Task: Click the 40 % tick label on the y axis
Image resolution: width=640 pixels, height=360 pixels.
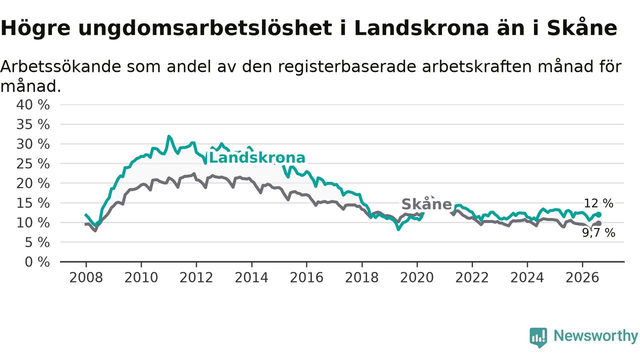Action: (x=33, y=105)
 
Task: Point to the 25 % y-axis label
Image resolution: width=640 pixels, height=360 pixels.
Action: (x=33, y=164)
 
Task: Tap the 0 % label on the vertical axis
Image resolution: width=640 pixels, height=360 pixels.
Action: (x=37, y=262)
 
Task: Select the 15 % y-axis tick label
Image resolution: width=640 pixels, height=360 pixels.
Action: (x=33, y=203)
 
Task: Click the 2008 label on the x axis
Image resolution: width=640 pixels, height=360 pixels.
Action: (x=86, y=277)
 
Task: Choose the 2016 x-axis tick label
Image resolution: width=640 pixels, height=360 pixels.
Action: (x=306, y=277)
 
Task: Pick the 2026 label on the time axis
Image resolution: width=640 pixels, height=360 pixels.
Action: (x=582, y=277)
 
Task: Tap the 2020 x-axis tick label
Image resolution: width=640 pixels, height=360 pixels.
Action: (x=417, y=277)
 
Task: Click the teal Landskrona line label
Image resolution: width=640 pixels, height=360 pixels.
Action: (x=257, y=158)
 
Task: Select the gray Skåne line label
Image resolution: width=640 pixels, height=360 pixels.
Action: (x=426, y=204)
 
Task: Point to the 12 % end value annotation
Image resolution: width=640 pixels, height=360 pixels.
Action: (x=598, y=203)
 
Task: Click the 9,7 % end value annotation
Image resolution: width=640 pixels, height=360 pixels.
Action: (x=598, y=233)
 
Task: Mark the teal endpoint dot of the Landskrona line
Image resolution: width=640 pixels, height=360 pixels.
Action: (x=599, y=214)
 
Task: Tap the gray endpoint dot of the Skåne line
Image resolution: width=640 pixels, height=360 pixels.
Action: (x=599, y=223)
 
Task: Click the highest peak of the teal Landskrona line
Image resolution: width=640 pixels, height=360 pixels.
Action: (x=168, y=136)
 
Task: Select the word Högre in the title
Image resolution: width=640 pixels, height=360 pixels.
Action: (x=35, y=28)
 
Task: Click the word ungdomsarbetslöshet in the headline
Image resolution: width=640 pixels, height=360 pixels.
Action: (x=205, y=28)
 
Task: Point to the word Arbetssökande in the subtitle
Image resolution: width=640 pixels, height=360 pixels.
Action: (x=60, y=67)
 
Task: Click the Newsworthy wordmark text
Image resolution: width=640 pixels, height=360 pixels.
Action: (x=596, y=336)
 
